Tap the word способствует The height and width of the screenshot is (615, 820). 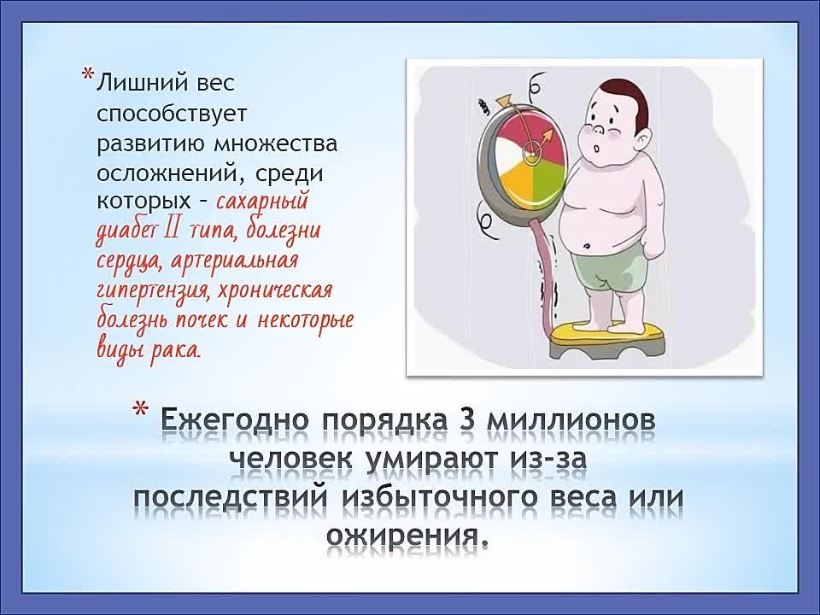tap(172, 113)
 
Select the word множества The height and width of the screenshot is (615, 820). tap(276, 143)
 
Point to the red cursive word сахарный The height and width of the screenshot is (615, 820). tap(262, 202)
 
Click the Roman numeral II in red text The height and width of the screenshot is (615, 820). tap(172, 230)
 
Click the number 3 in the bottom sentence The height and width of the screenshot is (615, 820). tap(466, 420)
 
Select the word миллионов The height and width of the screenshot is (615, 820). tap(571, 421)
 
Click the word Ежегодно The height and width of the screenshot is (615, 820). tap(237, 421)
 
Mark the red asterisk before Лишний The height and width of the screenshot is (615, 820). tap(88, 74)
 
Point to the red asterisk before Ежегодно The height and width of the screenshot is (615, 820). tap(140, 408)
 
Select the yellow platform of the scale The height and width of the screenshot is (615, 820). tap(607, 331)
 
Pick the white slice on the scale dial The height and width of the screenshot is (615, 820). tap(511, 153)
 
